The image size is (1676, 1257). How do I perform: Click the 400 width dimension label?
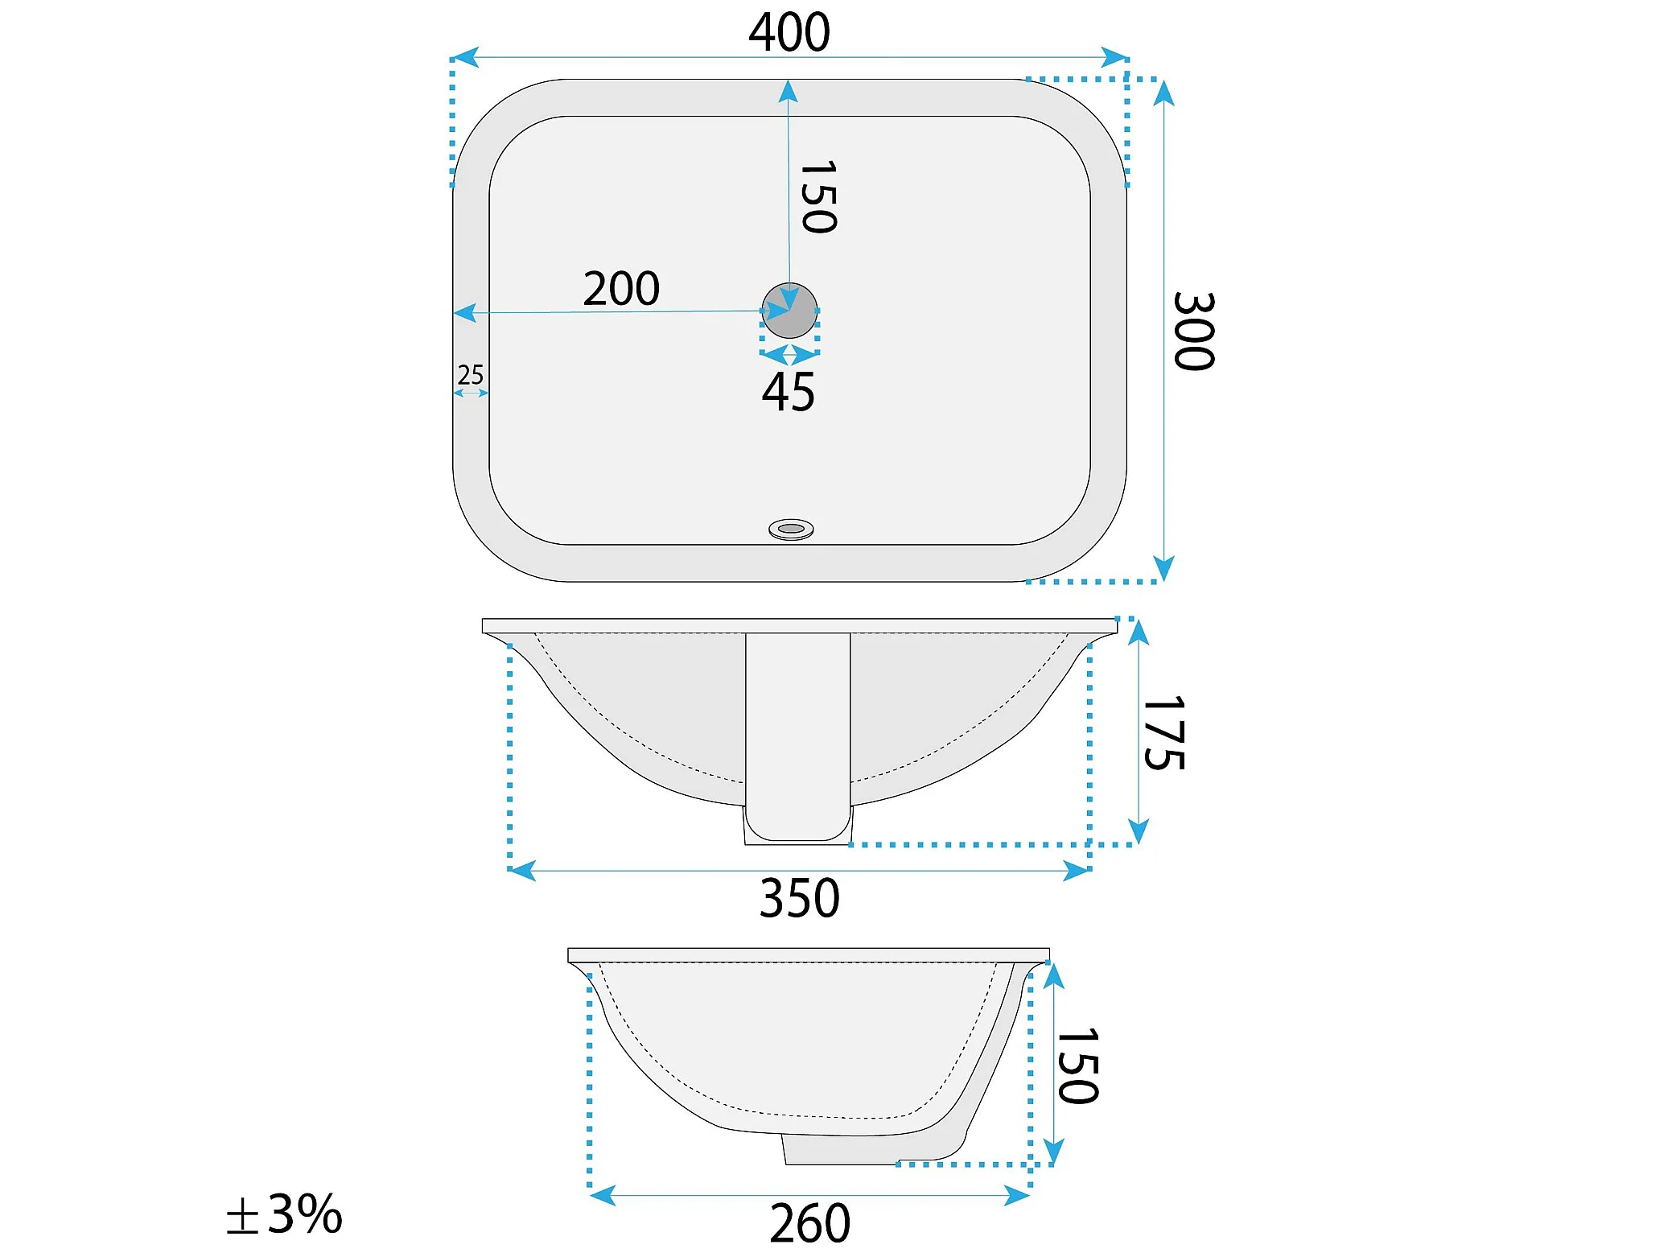(789, 32)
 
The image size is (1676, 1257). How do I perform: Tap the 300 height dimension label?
(1194, 331)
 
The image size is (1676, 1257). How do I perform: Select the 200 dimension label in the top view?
(621, 288)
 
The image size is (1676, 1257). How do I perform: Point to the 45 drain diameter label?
(789, 392)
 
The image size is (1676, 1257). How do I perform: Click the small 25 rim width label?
(471, 374)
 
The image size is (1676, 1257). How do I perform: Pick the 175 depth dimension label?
(1163, 732)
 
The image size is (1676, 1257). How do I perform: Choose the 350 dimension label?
(800, 898)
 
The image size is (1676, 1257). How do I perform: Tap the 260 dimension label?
(810, 1223)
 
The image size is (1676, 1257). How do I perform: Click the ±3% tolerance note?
(284, 1214)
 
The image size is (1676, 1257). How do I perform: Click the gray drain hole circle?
(789, 311)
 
